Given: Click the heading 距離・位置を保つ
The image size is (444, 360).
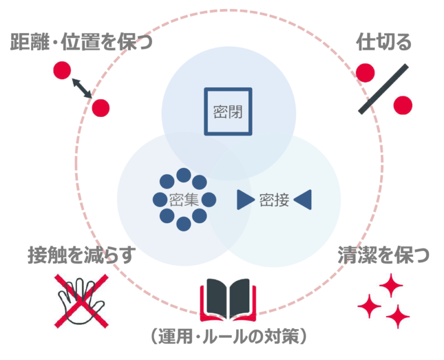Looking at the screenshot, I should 81,42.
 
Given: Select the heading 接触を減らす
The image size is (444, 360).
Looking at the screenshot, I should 81,255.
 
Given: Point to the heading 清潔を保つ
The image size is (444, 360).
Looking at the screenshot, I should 383,255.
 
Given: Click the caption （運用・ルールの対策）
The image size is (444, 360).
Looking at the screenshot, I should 229,337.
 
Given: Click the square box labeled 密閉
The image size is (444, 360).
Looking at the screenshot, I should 228,111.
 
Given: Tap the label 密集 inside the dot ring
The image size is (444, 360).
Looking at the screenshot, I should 183,199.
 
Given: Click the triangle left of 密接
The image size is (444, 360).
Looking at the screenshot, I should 245,199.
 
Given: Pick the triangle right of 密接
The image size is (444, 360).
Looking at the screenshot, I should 303,199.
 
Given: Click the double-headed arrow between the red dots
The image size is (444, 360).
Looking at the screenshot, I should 82,89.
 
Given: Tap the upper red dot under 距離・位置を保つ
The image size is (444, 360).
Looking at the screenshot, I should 61,71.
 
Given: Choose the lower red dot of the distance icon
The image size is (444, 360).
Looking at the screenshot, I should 101,107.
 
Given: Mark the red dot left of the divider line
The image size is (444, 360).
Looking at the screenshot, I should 365,73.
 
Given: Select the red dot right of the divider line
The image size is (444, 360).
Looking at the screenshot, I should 402,104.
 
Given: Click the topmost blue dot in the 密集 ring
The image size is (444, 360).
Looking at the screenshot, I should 183,174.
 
